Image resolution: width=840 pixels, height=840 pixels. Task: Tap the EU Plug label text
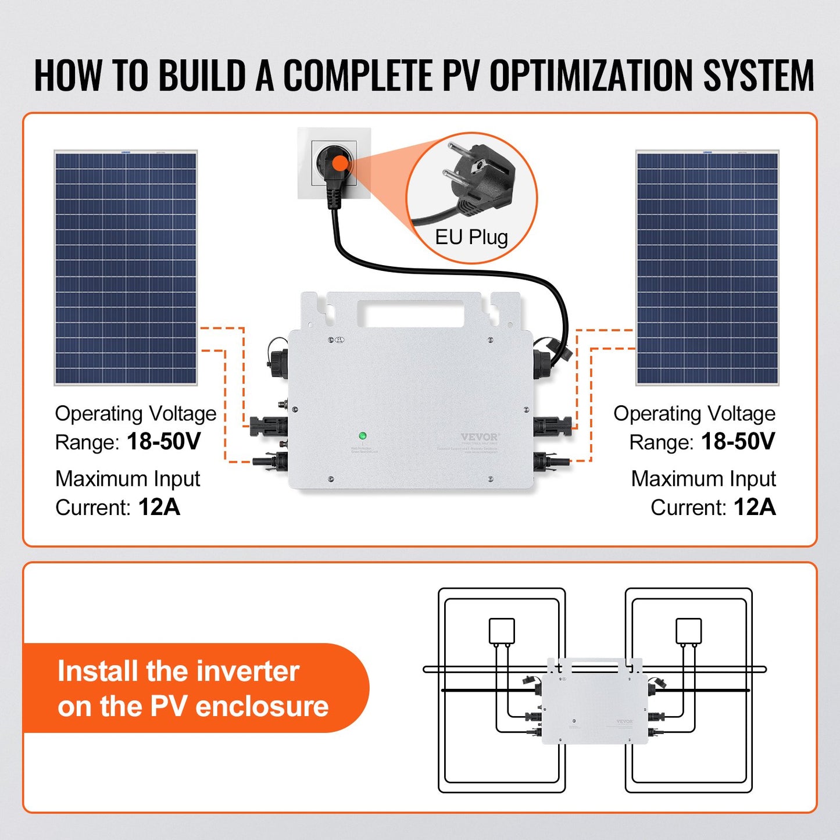tap(471, 237)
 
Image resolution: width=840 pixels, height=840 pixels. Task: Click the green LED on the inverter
tap(362, 435)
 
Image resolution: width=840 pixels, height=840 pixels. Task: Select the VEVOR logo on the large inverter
tap(480, 437)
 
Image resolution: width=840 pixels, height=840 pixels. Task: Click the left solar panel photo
tap(126, 268)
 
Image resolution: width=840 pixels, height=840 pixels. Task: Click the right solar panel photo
tap(707, 268)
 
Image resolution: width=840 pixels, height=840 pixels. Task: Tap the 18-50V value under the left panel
tap(163, 442)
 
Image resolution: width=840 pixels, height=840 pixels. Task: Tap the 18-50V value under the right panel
tap(738, 442)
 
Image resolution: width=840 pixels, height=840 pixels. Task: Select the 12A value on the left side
tap(159, 507)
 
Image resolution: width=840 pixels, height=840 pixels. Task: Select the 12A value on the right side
tap(755, 507)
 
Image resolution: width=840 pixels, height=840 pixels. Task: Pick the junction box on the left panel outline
tap(502, 631)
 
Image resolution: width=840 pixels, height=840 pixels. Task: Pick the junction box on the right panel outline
tap(688, 631)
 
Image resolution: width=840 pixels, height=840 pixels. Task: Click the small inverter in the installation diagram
tap(594, 706)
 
